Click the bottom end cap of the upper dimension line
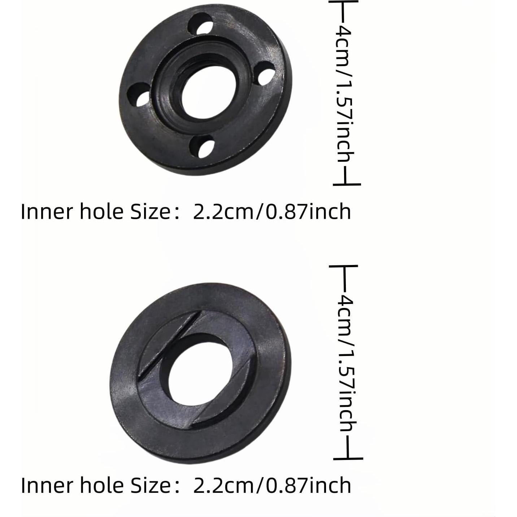click(x=347, y=184)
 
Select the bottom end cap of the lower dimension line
click(x=348, y=459)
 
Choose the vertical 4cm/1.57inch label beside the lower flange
click(x=347, y=363)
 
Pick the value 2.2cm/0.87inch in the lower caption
click(x=272, y=485)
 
